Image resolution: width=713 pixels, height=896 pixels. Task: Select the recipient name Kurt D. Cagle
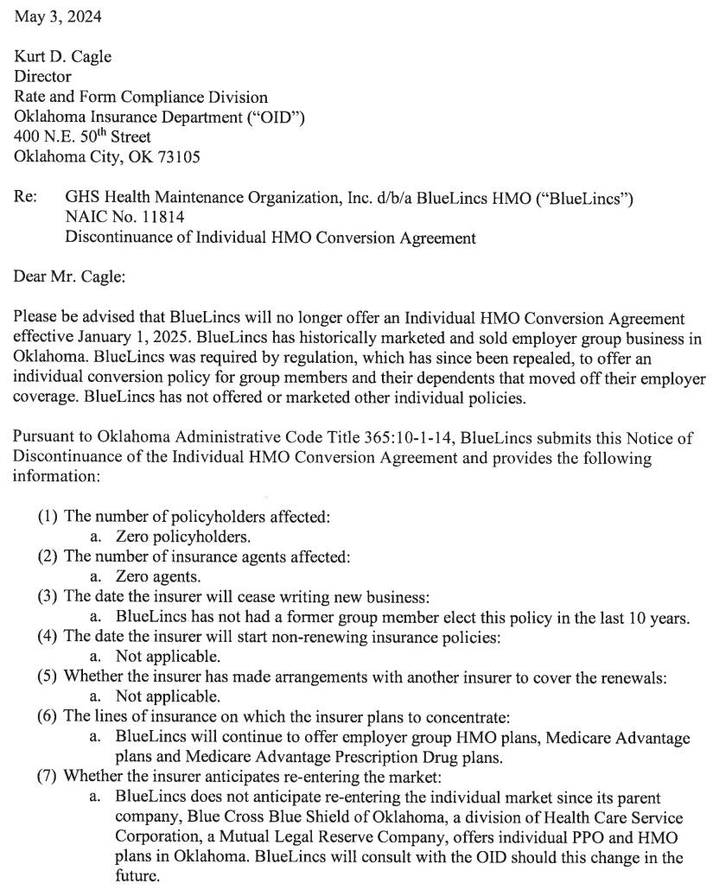62,57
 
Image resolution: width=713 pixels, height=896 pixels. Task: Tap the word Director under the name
42,77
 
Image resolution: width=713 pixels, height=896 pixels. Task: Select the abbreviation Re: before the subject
24,198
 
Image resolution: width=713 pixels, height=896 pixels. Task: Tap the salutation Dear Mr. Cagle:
72,276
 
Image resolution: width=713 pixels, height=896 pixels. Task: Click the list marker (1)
48,517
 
